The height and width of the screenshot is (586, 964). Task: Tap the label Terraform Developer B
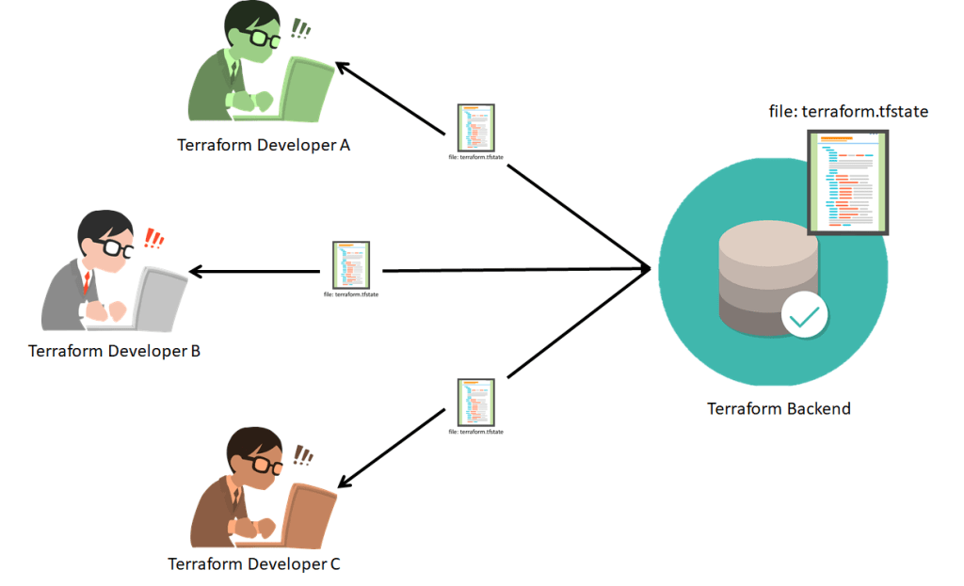click(x=114, y=352)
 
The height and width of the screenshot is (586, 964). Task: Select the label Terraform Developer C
click(x=254, y=564)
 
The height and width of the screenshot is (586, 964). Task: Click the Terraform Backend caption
click(x=779, y=409)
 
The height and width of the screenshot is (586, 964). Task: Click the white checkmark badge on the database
click(x=804, y=316)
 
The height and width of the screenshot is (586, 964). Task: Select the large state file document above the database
click(x=848, y=182)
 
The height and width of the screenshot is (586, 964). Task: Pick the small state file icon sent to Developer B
click(x=350, y=264)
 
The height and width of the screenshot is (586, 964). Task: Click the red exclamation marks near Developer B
click(x=153, y=237)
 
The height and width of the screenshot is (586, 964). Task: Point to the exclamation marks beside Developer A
click(x=300, y=30)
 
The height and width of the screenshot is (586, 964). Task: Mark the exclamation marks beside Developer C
click(x=302, y=456)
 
